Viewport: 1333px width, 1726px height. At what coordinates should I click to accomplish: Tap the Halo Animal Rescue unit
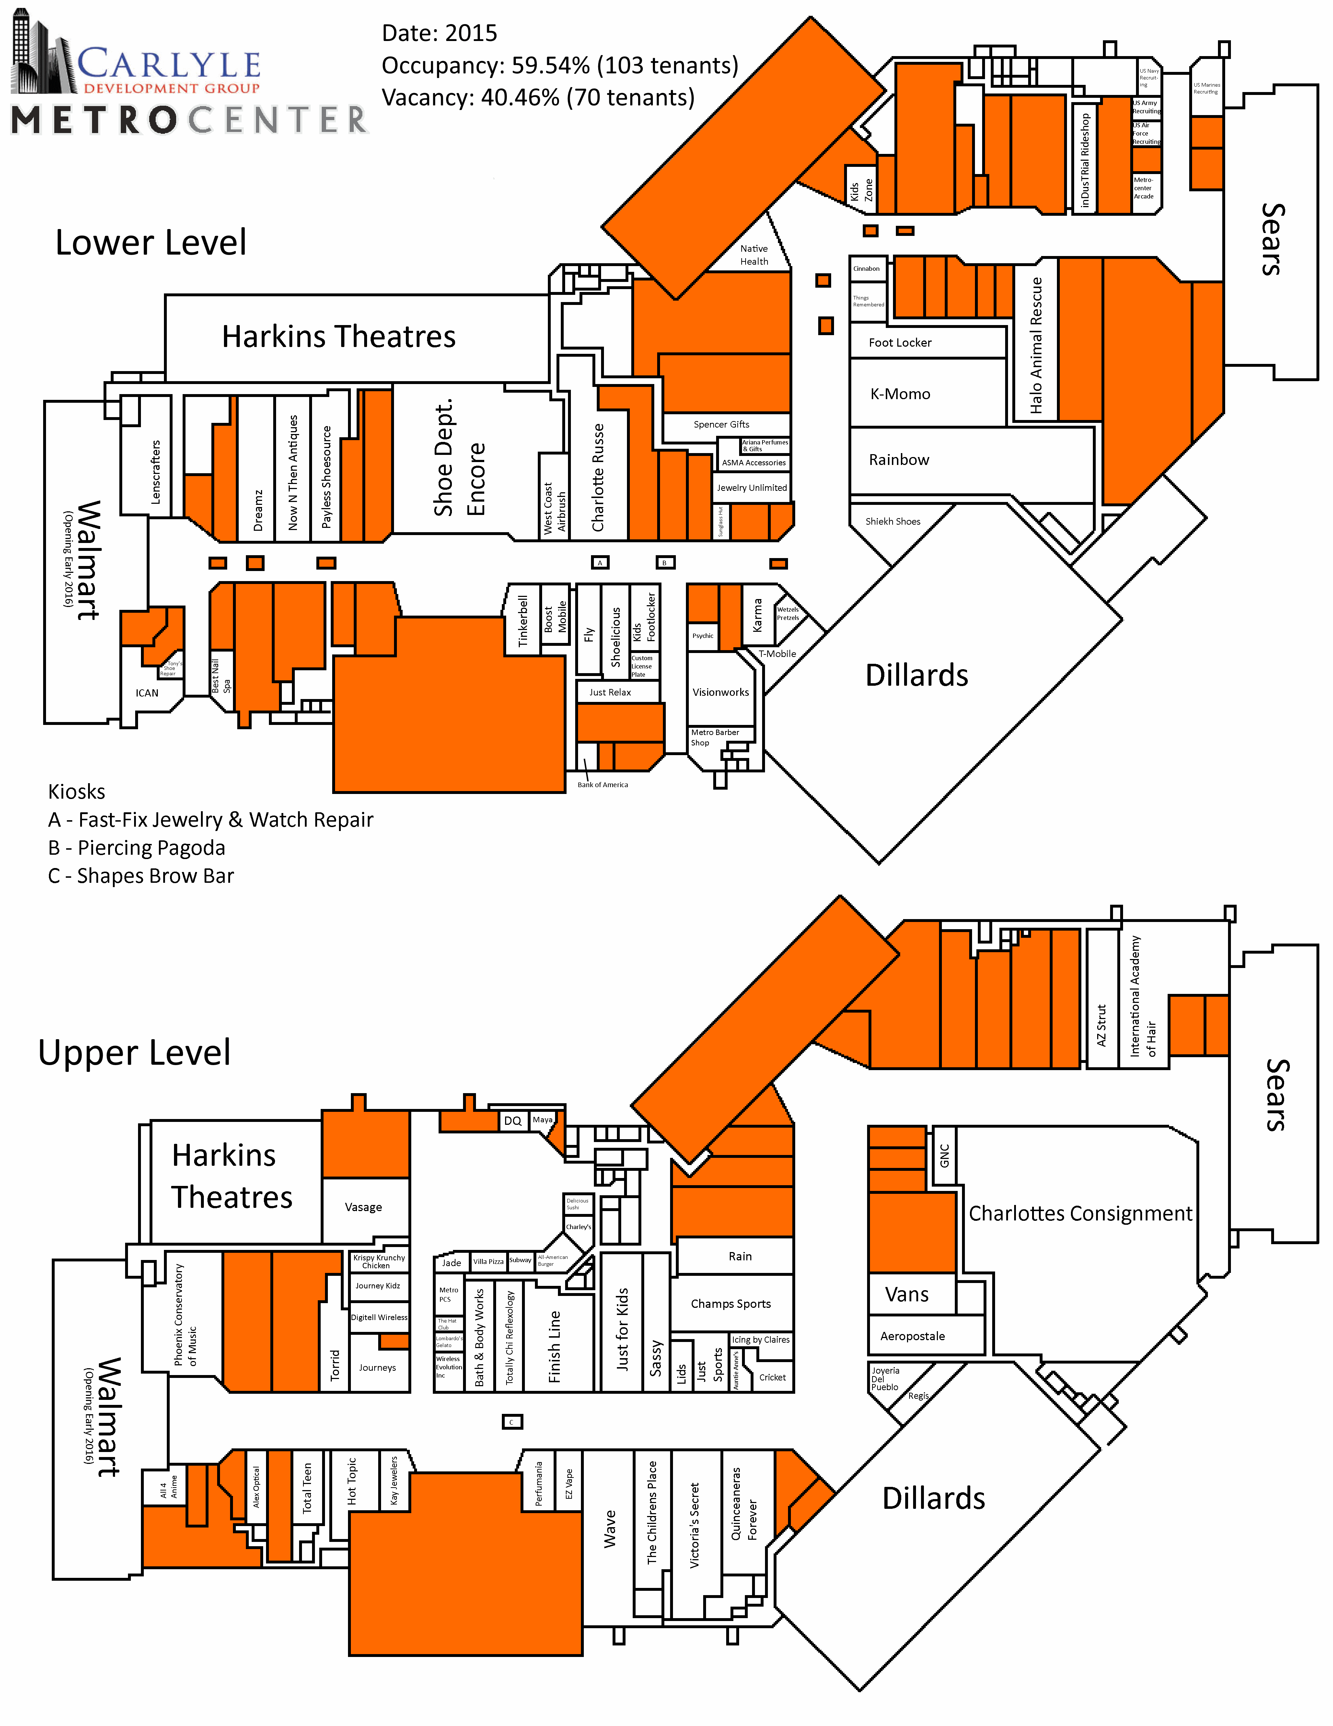1036,345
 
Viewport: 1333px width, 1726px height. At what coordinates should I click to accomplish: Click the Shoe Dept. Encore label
458,458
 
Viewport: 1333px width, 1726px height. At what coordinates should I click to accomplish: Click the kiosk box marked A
600,563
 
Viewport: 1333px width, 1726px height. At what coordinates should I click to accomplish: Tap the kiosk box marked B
665,563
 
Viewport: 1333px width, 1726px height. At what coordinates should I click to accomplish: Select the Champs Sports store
731,1303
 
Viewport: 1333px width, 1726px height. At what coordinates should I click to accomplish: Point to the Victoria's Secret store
695,1525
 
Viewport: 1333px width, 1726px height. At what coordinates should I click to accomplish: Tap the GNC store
944,1155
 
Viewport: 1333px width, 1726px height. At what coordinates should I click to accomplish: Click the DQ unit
513,1120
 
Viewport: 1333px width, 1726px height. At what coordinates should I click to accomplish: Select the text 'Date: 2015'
439,33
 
